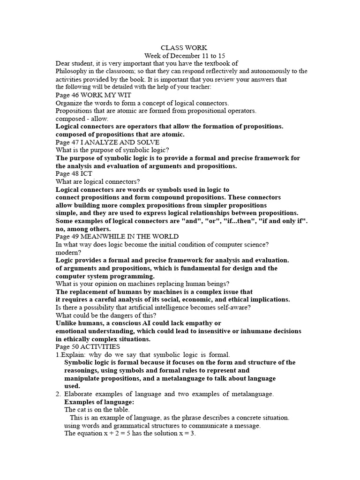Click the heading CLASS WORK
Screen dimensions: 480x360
pyautogui.click(x=180, y=48)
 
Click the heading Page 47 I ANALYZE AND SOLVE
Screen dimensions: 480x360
pyautogui.click(x=107, y=142)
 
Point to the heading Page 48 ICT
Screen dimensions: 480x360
pyautogui.click(x=74, y=173)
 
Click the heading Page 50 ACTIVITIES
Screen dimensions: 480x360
pyautogui.click(x=88, y=346)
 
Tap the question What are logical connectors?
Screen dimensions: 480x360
pyautogui.click(x=98, y=181)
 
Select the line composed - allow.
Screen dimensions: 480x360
pyautogui.click(x=82, y=119)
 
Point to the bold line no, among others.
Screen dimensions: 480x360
pyautogui.click(x=83, y=229)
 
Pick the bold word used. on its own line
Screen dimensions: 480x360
pyautogui.click(x=72, y=386)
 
